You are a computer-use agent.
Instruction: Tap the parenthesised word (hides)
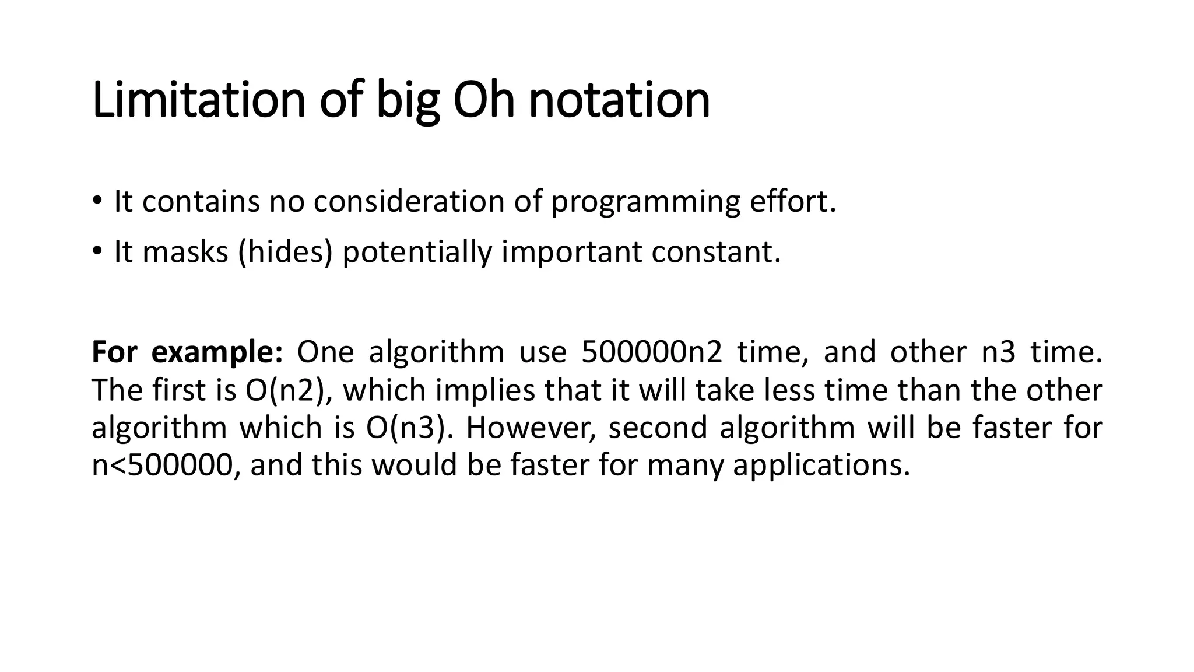(285, 252)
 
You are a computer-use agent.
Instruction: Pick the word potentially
(417, 252)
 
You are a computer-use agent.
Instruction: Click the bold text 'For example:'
(187, 352)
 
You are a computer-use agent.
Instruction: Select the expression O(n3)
(409, 428)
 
